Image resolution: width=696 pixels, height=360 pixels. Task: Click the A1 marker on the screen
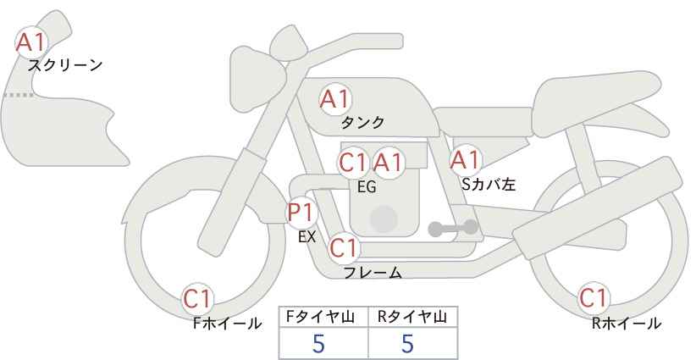tap(30, 42)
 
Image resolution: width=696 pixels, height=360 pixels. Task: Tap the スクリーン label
tap(65, 66)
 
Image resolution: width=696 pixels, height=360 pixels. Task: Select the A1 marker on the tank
tap(335, 99)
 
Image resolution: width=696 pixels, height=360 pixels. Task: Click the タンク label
tap(362, 123)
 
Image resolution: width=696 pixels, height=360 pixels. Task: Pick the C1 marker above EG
tap(353, 163)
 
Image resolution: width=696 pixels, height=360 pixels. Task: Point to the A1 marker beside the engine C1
tap(388, 163)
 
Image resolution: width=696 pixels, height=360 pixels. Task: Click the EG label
tap(367, 187)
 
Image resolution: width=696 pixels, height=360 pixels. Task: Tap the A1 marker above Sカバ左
tap(466, 160)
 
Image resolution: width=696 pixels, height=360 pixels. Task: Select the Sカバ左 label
tap(489, 184)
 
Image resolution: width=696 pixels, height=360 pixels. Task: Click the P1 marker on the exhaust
tap(301, 212)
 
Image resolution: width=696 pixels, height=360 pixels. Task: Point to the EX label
tap(307, 237)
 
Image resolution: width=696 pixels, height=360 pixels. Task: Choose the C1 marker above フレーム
tap(344, 247)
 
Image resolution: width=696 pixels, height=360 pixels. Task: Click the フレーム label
tap(373, 273)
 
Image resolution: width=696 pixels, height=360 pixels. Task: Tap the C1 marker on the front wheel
tap(197, 299)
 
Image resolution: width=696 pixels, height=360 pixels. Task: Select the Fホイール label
tap(227, 324)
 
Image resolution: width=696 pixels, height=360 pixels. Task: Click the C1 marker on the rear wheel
tap(594, 298)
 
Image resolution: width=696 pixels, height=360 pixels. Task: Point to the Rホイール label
tap(627, 324)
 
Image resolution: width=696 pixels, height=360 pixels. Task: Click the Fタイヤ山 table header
tap(320, 317)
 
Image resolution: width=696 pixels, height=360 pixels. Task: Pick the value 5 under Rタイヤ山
tap(407, 343)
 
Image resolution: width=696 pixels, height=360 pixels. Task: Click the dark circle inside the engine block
tap(384, 219)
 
